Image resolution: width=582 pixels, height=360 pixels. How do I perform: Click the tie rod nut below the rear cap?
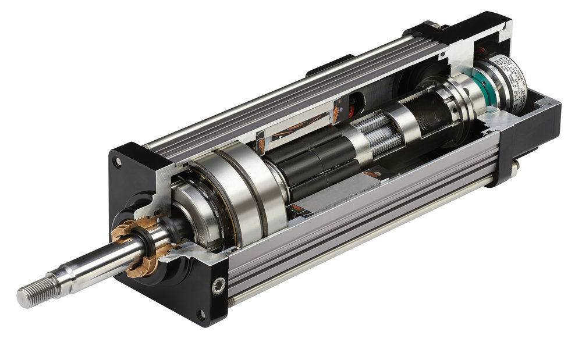click(x=515, y=169)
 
